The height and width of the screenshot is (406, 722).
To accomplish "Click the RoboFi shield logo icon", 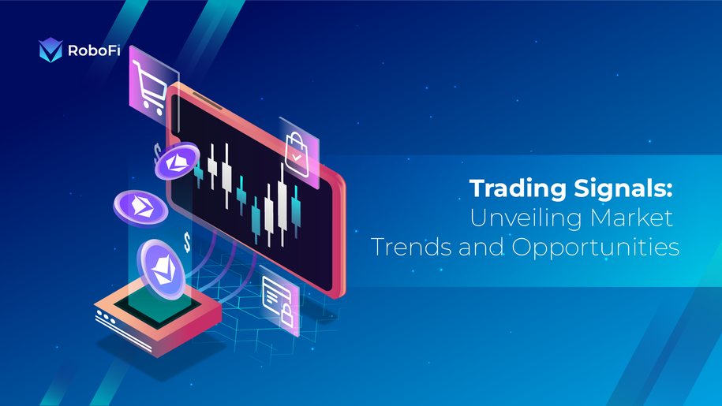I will click(50, 50).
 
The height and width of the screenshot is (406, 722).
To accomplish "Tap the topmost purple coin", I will click(177, 163).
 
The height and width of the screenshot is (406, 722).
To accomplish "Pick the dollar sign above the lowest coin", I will click(187, 241).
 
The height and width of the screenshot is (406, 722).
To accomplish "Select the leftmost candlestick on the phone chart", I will click(198, 174).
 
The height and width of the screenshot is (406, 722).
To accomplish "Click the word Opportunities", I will click(596, 248).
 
